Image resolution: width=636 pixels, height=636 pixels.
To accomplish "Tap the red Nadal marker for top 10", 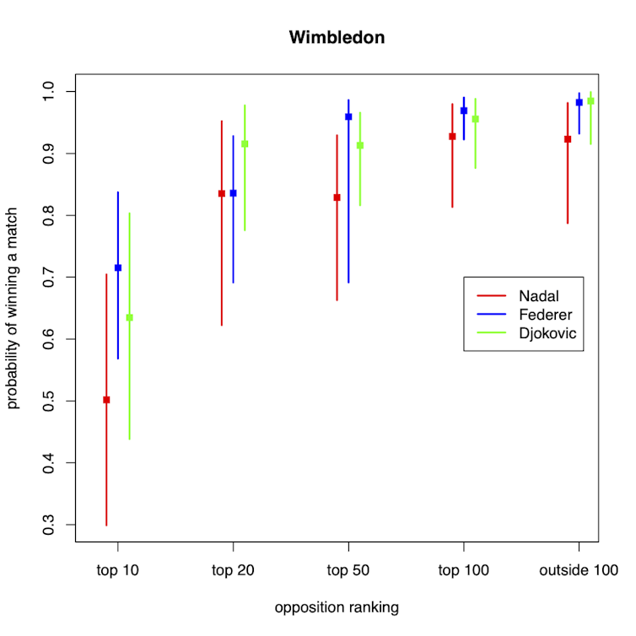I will click(x=106, y=400).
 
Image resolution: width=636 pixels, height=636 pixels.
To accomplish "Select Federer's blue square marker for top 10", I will click(x=118, y=267).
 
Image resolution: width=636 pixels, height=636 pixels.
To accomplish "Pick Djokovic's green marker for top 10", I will click(x=129, y=317).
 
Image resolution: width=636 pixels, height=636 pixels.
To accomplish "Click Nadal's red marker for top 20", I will click(x=222, y=193).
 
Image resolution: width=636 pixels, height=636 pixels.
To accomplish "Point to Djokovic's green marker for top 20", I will click(x=245, y=143).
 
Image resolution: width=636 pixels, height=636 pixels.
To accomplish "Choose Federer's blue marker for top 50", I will click(x=348, y=116).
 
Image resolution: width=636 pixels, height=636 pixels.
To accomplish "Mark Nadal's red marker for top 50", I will click(x=337, y=197).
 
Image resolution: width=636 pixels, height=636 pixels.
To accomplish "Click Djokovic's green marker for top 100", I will click(x=476, y=119).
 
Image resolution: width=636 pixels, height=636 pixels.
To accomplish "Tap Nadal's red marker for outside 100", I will click(x=568, y=139).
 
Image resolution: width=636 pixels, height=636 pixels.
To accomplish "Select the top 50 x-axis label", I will click(x=348, y=570).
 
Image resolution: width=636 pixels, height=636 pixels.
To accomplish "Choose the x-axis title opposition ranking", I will click(x=337, y=606).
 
